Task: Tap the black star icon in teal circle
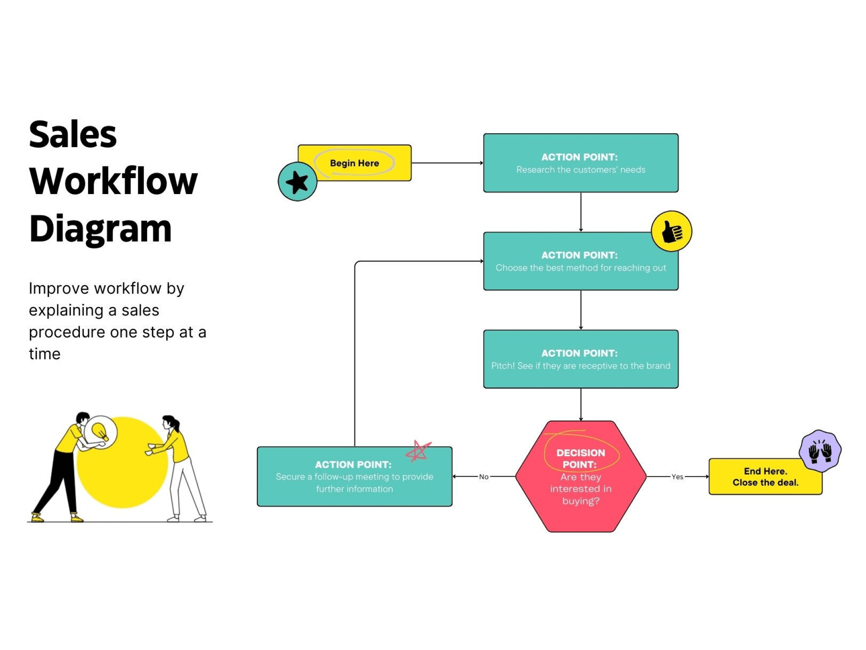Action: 297,182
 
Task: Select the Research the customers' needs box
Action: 581,163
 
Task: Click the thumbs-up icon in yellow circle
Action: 671,231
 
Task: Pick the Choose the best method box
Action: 581,261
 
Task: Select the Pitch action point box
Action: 581,359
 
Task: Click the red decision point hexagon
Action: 581,477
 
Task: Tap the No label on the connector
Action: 483,477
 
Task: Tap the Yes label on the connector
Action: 677,477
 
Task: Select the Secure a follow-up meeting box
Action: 354,477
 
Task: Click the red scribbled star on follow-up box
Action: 418,451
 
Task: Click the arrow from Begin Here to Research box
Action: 447,163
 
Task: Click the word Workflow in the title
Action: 113,181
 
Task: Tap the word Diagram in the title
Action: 101,229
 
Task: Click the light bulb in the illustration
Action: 100,431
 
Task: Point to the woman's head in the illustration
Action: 170,422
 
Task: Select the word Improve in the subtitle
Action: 59,288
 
